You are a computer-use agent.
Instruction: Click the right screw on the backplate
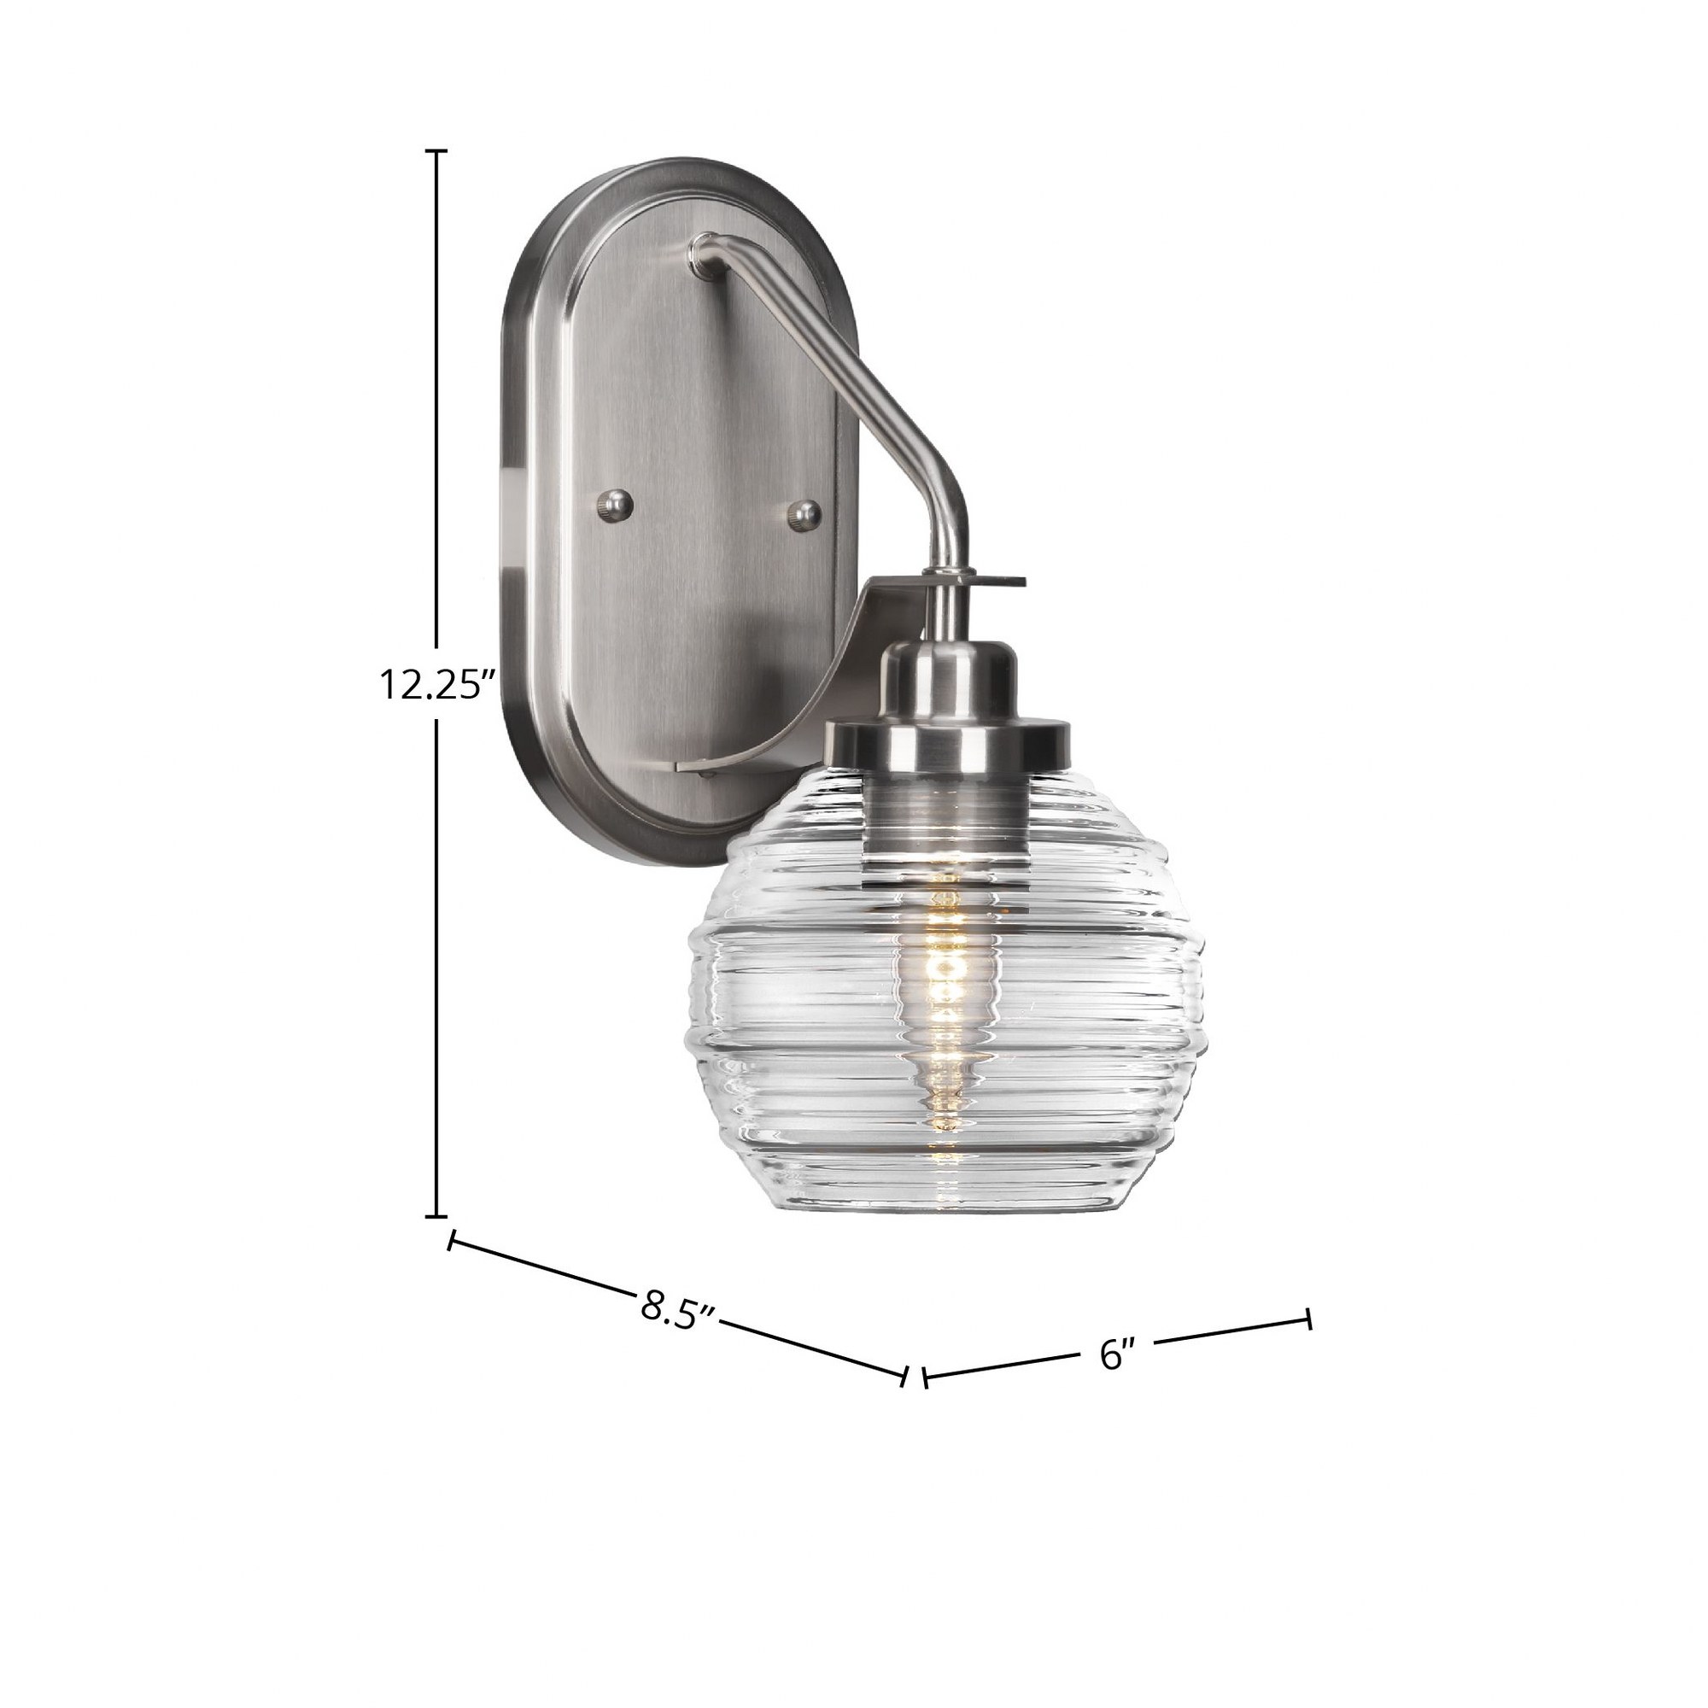point(804,512)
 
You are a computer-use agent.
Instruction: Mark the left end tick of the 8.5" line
point(453,1242)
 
